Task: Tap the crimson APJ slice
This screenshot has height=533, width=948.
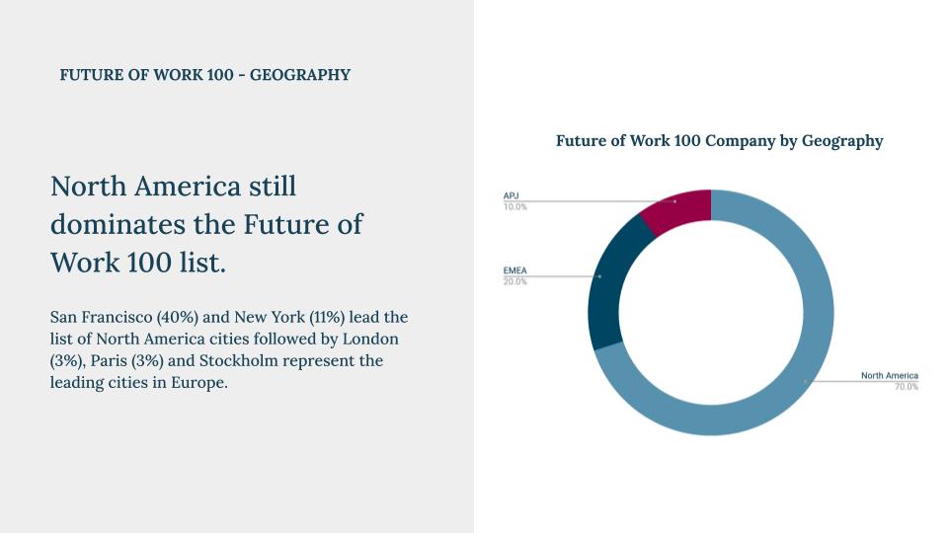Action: [x=677, y=205]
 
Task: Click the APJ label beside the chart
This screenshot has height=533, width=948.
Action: [x=511, y=196]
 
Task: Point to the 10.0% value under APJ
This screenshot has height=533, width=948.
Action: [x=515, y=207]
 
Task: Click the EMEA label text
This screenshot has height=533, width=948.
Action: [x=514, y=270]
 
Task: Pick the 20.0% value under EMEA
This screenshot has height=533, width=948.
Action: [x=515, y=281]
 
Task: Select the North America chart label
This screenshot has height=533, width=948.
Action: [x=889, y=375]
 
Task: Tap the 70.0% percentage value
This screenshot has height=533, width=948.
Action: [x=906, y=387]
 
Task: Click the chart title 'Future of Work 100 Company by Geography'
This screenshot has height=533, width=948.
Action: [x=719, y=141]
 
